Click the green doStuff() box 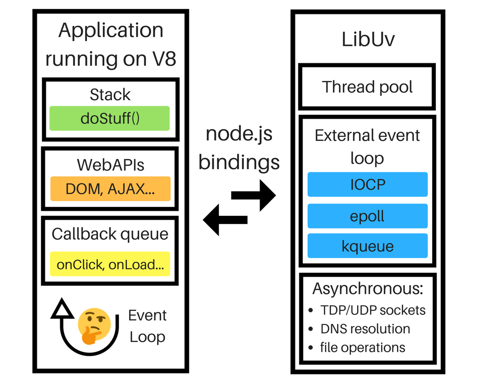(109, 118)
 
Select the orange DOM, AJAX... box (110, 189)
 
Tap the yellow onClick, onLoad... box (110, 264)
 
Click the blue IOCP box (367, 184)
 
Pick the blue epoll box (367, 216)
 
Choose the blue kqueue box (367, 246)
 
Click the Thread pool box (367, 87)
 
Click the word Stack (110, 94)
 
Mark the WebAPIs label (110, 165)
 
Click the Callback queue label (110, 234)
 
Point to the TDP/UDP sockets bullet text (373, 310)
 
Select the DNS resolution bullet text (365, 329)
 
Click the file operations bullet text (362, 347)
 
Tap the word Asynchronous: (368, 289)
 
